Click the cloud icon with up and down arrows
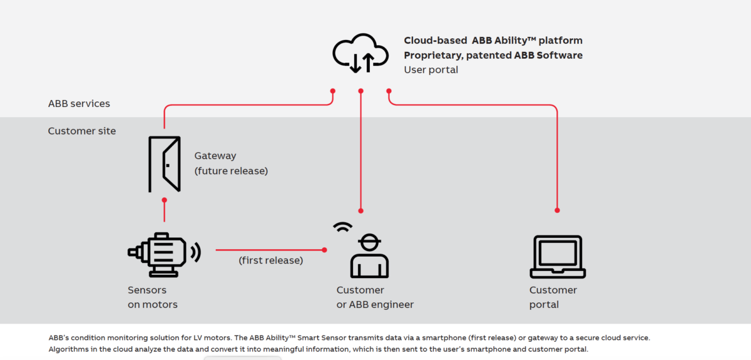click(360, 53)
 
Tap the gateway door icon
click(164, 164)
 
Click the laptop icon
click(557, 257)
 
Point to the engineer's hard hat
click(369, 241)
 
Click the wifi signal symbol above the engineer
click(342, 227)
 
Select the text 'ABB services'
click(79, 103)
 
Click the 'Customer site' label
click(82, 131)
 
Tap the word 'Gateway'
click(215, 156)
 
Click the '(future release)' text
click(231, 170)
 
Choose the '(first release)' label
click(270, 260)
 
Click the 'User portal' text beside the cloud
click(431, 69)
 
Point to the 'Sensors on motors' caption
click(153, 297)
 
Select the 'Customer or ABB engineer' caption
click(375, 297)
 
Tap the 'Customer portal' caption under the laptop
click(553, 297)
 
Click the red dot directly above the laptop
click(557, 210)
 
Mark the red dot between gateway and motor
click(164, 200)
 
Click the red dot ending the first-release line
click(325, 250)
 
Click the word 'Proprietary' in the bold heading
click(432, 55)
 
